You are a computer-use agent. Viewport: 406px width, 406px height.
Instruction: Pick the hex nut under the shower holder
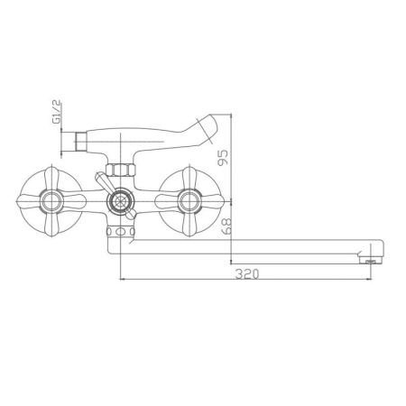point(117,169)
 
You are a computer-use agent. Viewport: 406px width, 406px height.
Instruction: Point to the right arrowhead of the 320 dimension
point(369,281)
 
